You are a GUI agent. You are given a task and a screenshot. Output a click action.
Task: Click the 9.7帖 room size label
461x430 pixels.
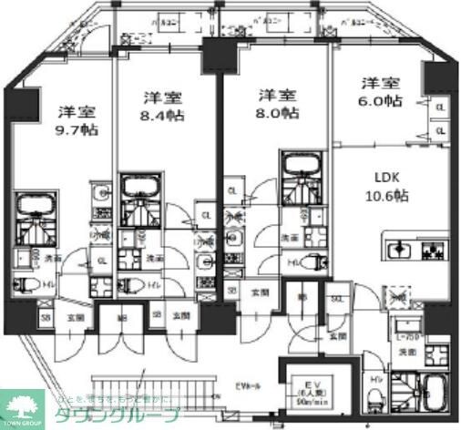pos(78,129)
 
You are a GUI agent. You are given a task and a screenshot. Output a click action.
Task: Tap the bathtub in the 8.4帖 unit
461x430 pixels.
pos(140,188)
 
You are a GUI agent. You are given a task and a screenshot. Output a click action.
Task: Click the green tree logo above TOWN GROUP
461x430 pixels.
pos(22,404)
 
